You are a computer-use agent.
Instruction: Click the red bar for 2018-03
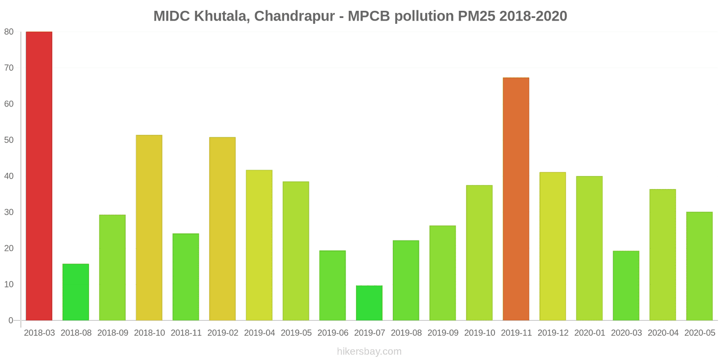point(39,176)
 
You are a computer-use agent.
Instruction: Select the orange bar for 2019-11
point(516,199)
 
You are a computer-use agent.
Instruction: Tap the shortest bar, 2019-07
point(369,303)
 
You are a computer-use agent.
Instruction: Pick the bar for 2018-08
point(76,292)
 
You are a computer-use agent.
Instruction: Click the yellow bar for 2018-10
point(149,228)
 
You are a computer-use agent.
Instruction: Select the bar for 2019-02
point(222,229)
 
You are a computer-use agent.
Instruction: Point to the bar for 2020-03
point(626,286)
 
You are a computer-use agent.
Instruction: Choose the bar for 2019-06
point(333,285)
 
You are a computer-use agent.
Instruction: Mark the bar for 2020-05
point(699,266)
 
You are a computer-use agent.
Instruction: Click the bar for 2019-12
point(553,246)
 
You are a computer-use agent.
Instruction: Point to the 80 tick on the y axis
point(9,32)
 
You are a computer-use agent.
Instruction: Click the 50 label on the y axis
point(9,140)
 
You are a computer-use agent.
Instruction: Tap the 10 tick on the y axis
point(9,284)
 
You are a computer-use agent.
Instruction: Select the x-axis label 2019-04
point(259,333)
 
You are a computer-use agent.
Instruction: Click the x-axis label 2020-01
point(589,333)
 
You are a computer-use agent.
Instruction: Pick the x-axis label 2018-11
point(186,333)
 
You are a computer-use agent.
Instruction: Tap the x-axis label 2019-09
point(443,333)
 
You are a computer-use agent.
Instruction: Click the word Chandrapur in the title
point(294,16)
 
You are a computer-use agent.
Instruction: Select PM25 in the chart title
point(477,16)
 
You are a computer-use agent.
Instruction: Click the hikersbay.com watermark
point(369,351)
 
